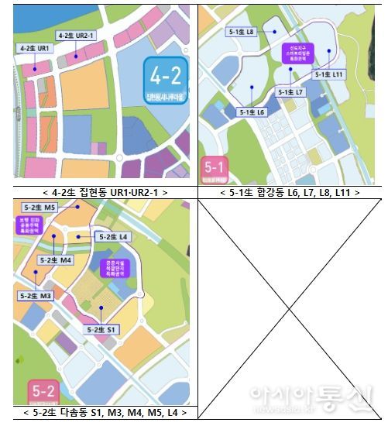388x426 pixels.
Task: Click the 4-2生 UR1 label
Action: [34, 48]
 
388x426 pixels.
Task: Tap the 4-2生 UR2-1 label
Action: [76, 36]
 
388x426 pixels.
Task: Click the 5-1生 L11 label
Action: [328, 74]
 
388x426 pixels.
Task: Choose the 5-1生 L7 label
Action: [291, 91]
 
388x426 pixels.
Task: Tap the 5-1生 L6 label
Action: [252, 112]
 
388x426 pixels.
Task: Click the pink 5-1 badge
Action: [214, 169]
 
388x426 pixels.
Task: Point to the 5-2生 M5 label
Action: [39, 208]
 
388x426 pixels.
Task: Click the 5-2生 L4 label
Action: [112, 236]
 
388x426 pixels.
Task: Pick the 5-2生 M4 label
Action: [56, 260]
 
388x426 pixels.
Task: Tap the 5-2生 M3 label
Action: [36, 296]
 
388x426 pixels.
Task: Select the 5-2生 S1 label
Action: [101, 329]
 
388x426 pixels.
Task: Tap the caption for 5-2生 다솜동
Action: [105, 412]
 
